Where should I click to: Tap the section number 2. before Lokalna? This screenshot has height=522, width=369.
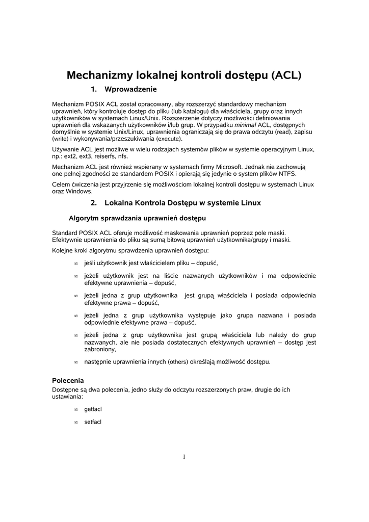click(94, 203)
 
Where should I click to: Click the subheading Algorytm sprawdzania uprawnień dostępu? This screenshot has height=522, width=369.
click(137, 219)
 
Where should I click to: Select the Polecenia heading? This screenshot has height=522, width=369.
click(68, 380)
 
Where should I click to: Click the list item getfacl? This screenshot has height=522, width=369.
click(93, 409)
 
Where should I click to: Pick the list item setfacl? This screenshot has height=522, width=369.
click(93, 422)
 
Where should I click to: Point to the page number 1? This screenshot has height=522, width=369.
click(184, 457)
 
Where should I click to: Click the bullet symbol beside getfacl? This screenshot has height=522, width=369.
click(75, 410)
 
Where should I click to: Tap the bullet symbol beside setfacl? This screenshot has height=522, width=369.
click(75, 423)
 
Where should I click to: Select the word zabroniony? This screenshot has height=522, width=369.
click(100, 350)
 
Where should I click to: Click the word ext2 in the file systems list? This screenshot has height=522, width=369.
click(70, 156)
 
